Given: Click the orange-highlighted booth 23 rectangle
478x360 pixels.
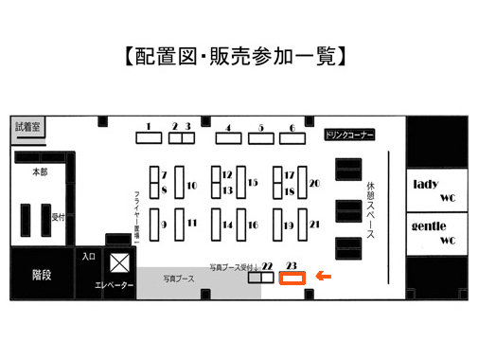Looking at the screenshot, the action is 292,278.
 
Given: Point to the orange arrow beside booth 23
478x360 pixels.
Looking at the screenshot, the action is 324,277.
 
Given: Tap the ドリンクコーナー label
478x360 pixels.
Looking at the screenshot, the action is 349,135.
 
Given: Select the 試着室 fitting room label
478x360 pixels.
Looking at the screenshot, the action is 27,127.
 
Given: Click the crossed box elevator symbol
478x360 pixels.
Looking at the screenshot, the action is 119,262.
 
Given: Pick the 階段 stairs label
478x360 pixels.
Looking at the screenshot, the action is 42,275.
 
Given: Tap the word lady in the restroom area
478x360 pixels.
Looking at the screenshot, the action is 426,184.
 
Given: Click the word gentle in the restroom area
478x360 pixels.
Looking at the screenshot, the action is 429,226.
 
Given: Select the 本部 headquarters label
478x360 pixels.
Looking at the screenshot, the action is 40,172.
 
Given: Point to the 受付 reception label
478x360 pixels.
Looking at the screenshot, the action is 58,217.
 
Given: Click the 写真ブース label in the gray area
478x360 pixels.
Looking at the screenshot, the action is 179,279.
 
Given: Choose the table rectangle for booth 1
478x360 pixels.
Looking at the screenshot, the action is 149,138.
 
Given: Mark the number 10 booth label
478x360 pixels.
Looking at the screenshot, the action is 192,186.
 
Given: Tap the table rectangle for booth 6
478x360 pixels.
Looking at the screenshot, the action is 292,138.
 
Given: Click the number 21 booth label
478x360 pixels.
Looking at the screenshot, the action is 314,225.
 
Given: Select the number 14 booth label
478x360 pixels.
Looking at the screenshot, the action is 227,225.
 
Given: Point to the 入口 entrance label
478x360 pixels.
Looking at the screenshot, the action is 89,257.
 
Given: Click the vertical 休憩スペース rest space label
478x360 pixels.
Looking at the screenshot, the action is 370,210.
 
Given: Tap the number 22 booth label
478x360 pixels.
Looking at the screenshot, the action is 267,266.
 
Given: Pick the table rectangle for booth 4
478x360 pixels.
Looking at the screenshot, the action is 229,138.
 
